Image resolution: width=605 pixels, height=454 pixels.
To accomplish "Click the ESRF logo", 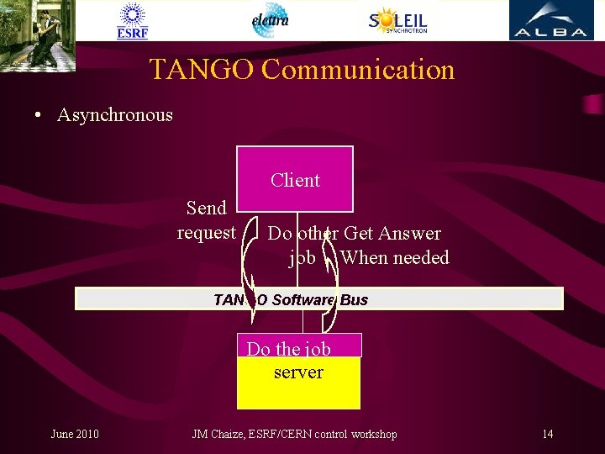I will [x=132, y=21].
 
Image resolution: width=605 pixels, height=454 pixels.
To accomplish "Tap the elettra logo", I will [x=270, y=20].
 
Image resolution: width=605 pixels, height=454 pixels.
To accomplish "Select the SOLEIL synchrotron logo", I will [x=397, y=20].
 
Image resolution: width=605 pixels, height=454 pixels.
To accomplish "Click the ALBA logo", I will [x=550, y=21].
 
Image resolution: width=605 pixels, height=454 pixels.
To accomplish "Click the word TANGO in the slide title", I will [x=202, y=69].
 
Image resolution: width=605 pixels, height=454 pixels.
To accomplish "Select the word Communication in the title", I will [x=358, y=69].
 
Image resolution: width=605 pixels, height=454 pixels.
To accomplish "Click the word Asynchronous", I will [x=114, y=115].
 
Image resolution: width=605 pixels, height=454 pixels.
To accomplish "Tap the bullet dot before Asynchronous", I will [x=39, y=116].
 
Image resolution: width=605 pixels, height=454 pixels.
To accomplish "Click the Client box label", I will [x=295, y=180].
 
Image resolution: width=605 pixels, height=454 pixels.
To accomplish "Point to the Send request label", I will [x=206, y=219].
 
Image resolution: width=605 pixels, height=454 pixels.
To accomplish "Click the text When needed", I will [x=395, y=257].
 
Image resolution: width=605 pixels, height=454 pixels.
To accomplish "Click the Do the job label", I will [x=288, y=349].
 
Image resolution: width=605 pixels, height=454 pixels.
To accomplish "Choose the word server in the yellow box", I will [x=298, y=372].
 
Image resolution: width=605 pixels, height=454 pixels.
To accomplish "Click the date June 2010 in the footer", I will [x=75, y=434].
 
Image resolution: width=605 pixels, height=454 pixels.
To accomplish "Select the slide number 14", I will [x=547, y=434].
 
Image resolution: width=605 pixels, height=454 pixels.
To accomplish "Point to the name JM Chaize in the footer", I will [x=221, y=434].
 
